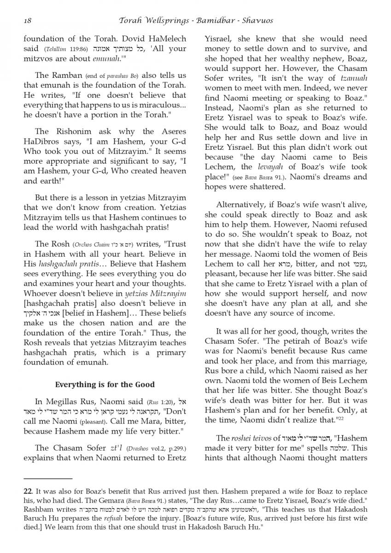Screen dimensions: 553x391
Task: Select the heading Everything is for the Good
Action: (x=105, y=384)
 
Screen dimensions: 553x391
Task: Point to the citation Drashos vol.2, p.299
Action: (x=152, y=448)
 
